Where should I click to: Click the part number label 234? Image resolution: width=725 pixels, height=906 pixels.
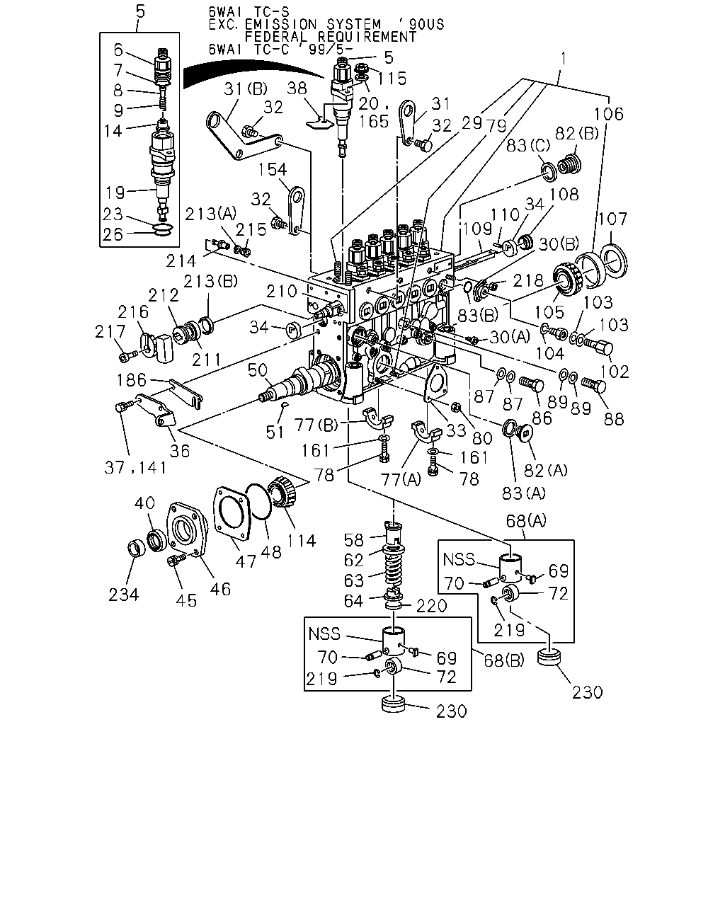[x=123, y=595]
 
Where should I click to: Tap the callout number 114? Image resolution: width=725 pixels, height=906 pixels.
[x=301, y=541]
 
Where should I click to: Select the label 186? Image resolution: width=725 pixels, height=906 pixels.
[x=132, y=380]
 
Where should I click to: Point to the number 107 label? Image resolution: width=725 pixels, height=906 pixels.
[x=612, y=219]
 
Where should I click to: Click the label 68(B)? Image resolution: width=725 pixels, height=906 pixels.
[x=504, y=660]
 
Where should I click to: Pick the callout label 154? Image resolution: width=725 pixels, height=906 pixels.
[x=272, y=170]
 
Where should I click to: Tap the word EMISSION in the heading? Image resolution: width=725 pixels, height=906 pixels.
[x=280, y=24]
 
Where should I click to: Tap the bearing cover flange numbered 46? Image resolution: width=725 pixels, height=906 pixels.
[x=187, y=529]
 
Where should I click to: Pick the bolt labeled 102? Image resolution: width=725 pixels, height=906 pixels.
[x=598, y=348]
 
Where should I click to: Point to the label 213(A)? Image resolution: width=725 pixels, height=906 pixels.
[x=211, y=214]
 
